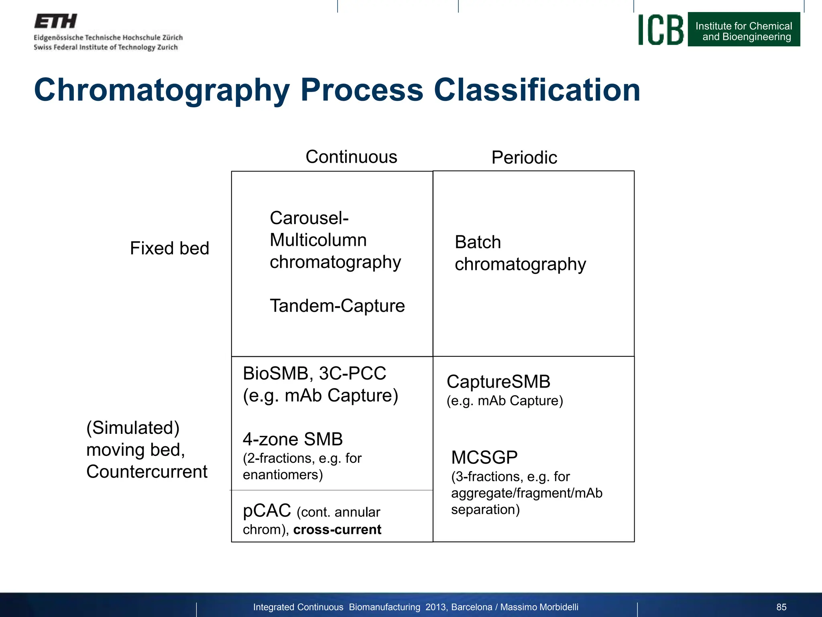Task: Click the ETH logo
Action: pyautogui.click(x=55, y=21)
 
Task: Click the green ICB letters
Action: pyautogui.click(x=661, y=30)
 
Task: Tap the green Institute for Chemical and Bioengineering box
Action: pyautogui.click(x=744, y=30)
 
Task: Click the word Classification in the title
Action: pyautogui.click(x=537, y=90)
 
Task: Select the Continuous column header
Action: pyautogui.click(x=351, y=157)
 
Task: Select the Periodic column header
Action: pyautogui.click(x=524, y=157)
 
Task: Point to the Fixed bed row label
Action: pyautogui.click(x=169, y=248)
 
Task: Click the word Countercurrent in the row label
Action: pyautogui.click(x=147, y=472)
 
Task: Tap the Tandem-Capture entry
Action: pyautogui.click(x=337, y=306)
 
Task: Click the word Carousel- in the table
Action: pyautogui.click(x=309, y=218)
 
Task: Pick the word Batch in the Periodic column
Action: pyautogui.click(x=478, y=242)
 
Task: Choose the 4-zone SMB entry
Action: pyautogui.click(x=293, y=439)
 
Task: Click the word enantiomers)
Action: pyautogui.click(x=283, y=475)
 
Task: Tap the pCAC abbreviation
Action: pyautogui.click(x=267, y=511)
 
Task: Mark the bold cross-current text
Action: pyautogui.click(x=337, y=529)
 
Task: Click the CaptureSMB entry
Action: pyautogui.click(x=498, y=382)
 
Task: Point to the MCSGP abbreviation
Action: pyautogui.click(x=484, y=458)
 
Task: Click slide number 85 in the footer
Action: pyautogui.click(x=781, y=607)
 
